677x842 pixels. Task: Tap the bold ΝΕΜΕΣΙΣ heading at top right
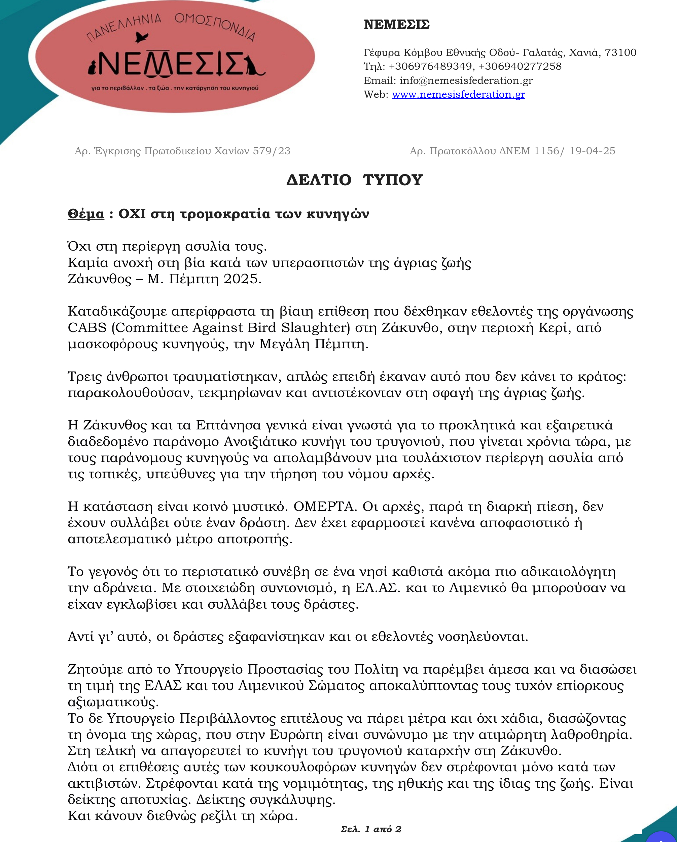coord(396,25)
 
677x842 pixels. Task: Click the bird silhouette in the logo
coord(141,37)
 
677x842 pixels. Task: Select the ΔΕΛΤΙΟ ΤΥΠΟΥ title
coord(354,180)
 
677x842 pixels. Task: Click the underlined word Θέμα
coord(86,214)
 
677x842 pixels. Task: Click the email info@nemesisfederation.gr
coord(466,80)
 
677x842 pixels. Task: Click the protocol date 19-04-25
coord(592,151)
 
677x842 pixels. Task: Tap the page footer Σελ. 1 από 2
coord(371,829)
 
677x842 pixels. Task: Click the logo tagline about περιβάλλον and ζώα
coord(175,88)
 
